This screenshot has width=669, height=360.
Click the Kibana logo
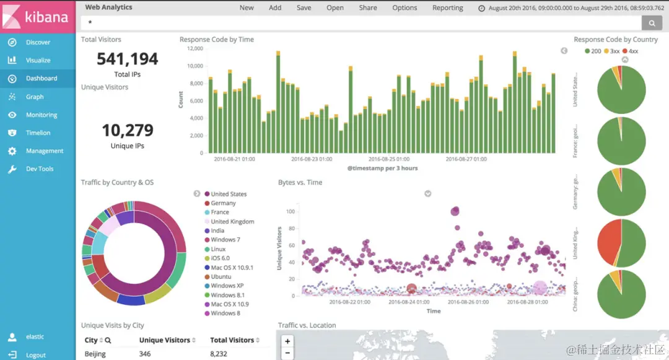37,16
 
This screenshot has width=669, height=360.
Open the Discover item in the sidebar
38,42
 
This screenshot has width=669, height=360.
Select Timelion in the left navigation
38,133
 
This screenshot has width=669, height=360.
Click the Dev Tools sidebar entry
40,169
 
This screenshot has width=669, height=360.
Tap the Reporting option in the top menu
447,8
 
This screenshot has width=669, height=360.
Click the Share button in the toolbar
367,8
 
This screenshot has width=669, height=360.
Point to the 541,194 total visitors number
128,59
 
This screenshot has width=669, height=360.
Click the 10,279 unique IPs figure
128,130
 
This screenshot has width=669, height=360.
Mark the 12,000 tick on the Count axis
195,48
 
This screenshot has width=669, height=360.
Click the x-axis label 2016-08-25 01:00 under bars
387,159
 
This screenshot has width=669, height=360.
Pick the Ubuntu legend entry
221,276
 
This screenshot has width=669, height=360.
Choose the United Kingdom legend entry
232,221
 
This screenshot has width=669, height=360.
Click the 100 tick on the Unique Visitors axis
291,212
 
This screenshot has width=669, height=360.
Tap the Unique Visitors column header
164,340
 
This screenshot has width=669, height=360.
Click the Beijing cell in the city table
96,354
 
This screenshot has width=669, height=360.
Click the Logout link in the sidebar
36,355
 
